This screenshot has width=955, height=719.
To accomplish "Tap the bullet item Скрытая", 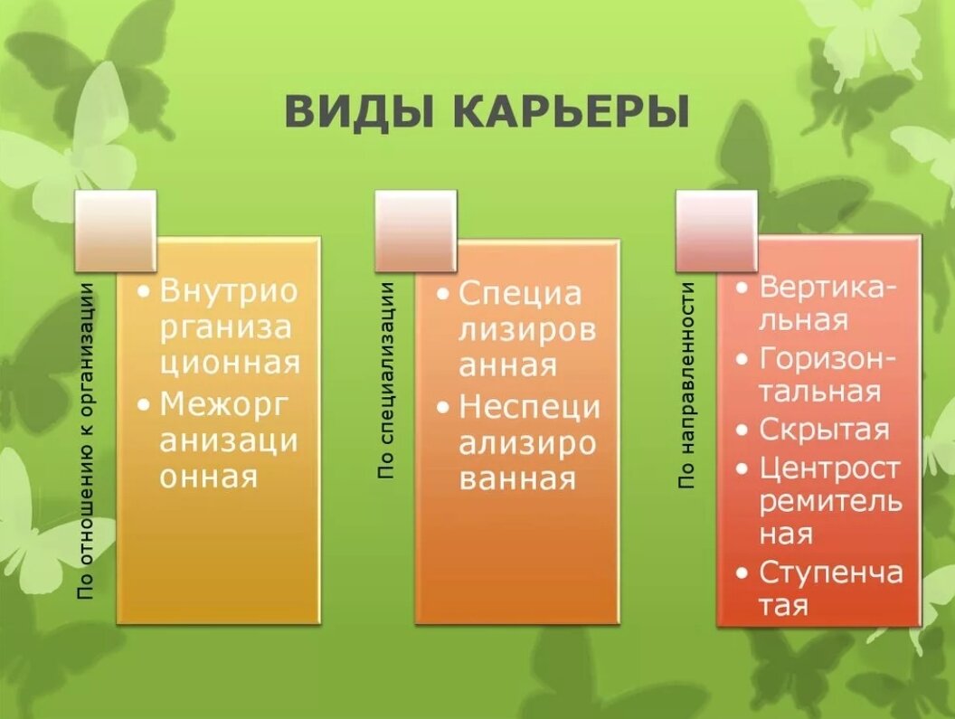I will pos(824,430).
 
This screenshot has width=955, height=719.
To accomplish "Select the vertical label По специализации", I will pos(387,380).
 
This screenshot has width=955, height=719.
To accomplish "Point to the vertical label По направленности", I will pos(688,385).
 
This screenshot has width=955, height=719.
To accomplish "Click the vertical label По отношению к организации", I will pos(87,440).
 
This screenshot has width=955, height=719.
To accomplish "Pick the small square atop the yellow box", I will pos(116,231).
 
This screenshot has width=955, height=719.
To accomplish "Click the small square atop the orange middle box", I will pos(416,231).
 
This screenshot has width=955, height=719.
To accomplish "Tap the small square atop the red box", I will pos(716,231).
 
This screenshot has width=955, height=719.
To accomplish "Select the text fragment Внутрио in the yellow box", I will pos(229,291).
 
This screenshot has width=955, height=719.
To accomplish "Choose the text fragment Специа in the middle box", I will pos(520,294).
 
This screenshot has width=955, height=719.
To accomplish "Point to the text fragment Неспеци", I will pos(528,407).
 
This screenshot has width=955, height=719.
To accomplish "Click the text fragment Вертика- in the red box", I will pos(828,287).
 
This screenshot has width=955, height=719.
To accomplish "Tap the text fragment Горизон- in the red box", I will pos(828,358).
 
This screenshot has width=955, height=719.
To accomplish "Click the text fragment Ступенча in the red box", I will pos(830,572).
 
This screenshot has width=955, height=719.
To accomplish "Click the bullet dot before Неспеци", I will pos(441,408).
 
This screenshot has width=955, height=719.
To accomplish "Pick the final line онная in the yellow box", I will pos(209,476).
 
